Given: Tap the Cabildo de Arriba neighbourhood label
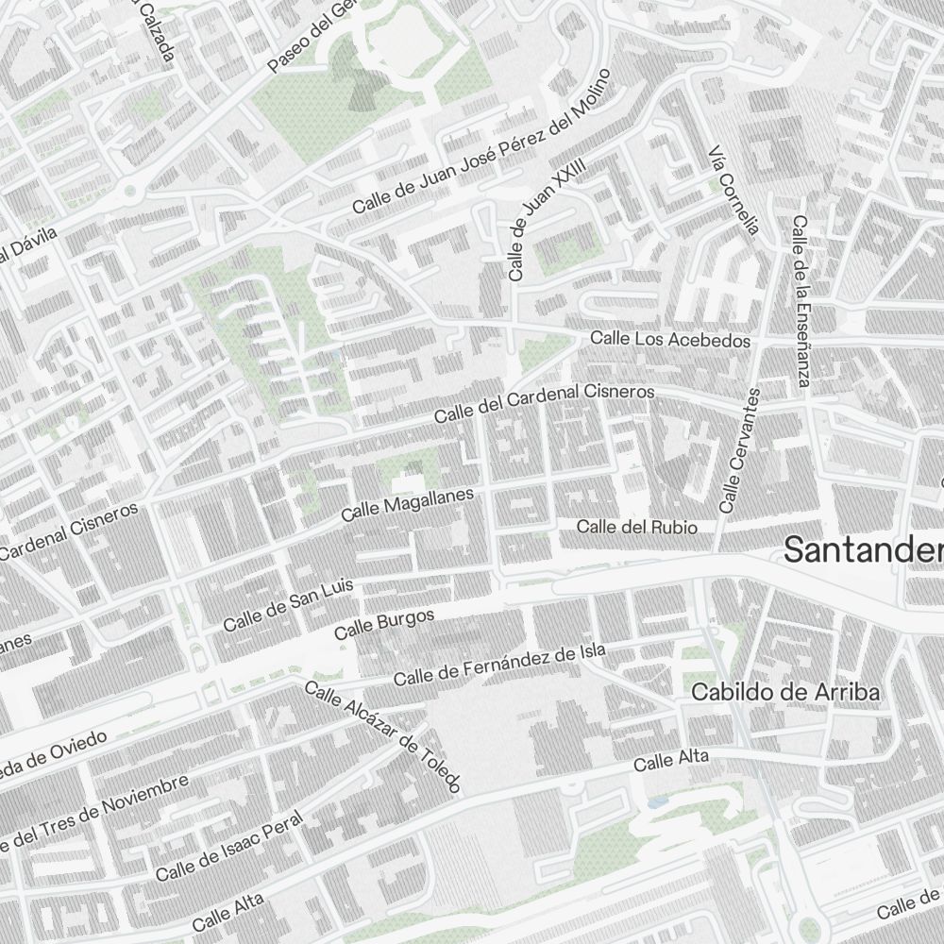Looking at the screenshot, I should coord(785,692).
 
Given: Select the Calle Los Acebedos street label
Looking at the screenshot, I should coord(670,339).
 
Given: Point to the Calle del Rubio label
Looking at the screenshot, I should coord(637,527).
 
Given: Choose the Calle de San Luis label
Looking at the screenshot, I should coord(288,605).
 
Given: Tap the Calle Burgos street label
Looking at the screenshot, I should coord(384,624).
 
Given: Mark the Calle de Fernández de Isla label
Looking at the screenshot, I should coord(499,666).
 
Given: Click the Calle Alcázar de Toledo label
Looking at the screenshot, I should coord(383,736).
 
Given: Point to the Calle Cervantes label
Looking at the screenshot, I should coord(739,450).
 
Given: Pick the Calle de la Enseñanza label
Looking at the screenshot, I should coord(801,301).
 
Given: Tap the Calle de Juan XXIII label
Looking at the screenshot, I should coord(547,219).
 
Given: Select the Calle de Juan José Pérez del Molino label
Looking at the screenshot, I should coord(482,141).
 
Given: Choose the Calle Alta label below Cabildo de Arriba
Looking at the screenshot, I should coord(670,761).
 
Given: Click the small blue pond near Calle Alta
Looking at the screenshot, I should coord(654,802).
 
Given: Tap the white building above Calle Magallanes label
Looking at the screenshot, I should coord(408,481).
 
